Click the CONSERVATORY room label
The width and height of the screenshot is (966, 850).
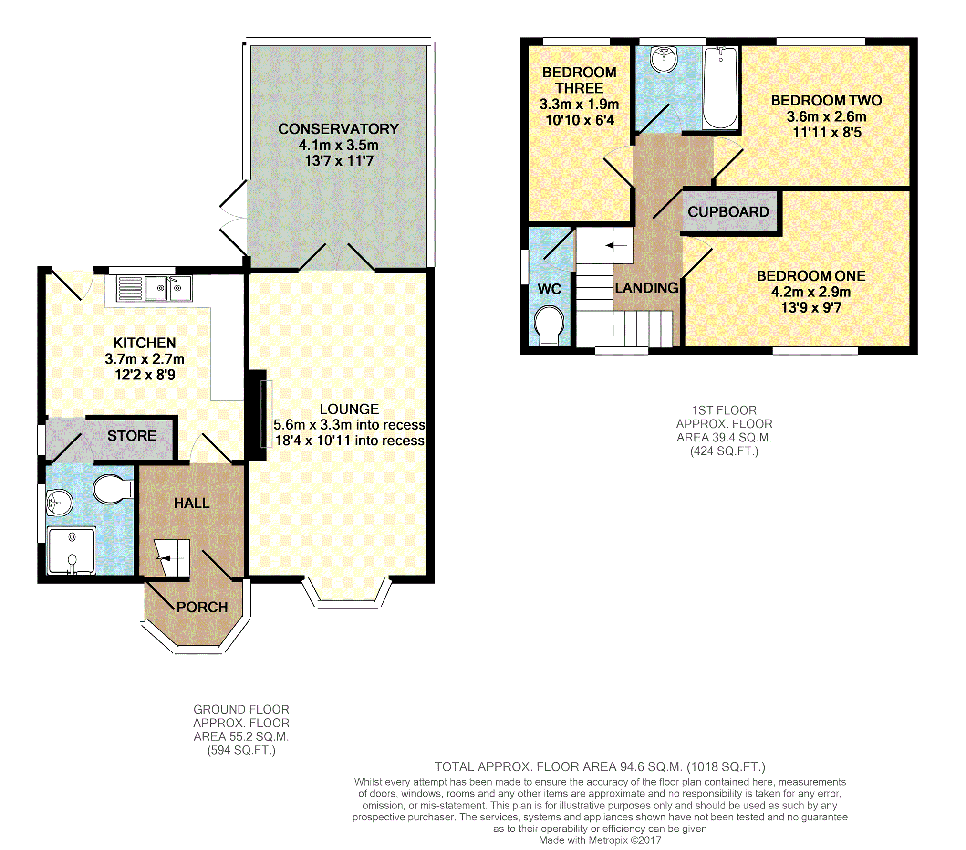338,129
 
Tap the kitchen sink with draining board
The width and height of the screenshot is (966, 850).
154,289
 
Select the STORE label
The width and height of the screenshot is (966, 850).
132,436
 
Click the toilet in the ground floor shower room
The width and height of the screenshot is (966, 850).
113,489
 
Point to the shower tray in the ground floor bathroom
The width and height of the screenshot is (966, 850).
72,551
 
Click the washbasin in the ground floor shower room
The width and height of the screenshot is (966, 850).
59,503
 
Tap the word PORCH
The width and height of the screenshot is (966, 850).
202,607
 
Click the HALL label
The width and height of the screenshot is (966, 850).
192,503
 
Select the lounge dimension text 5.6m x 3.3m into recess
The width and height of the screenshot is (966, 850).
349,425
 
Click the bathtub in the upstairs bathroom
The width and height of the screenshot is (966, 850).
720,88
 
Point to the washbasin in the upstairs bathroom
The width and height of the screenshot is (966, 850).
664,59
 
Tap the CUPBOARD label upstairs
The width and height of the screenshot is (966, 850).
728,212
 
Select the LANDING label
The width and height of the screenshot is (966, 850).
646,288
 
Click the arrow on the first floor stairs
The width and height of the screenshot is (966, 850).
616,246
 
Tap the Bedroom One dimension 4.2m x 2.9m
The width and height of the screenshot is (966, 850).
811,292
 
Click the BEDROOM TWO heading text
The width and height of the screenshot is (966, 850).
826,101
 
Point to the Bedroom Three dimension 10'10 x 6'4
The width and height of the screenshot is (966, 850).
580,120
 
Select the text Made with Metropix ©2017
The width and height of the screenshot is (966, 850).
600,840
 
